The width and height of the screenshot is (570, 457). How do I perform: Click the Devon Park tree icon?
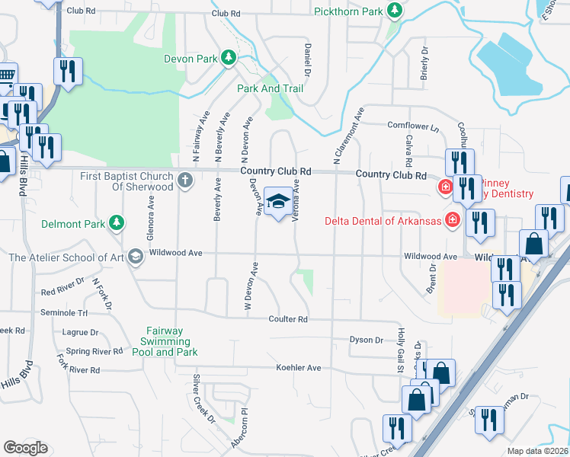coord(228,58)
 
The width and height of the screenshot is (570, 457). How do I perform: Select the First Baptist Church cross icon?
coord(184,181)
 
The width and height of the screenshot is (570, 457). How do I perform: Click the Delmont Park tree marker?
coord(116,222)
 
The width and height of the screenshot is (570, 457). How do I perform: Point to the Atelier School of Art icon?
coord(135,257)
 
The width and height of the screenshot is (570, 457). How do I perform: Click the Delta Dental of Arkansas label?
coord(383,222)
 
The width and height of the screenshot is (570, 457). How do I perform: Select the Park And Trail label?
coord(270,89)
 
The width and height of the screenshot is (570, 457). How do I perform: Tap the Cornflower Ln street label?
coord(414,126)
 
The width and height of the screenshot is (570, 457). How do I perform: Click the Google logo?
coord(25,448)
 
